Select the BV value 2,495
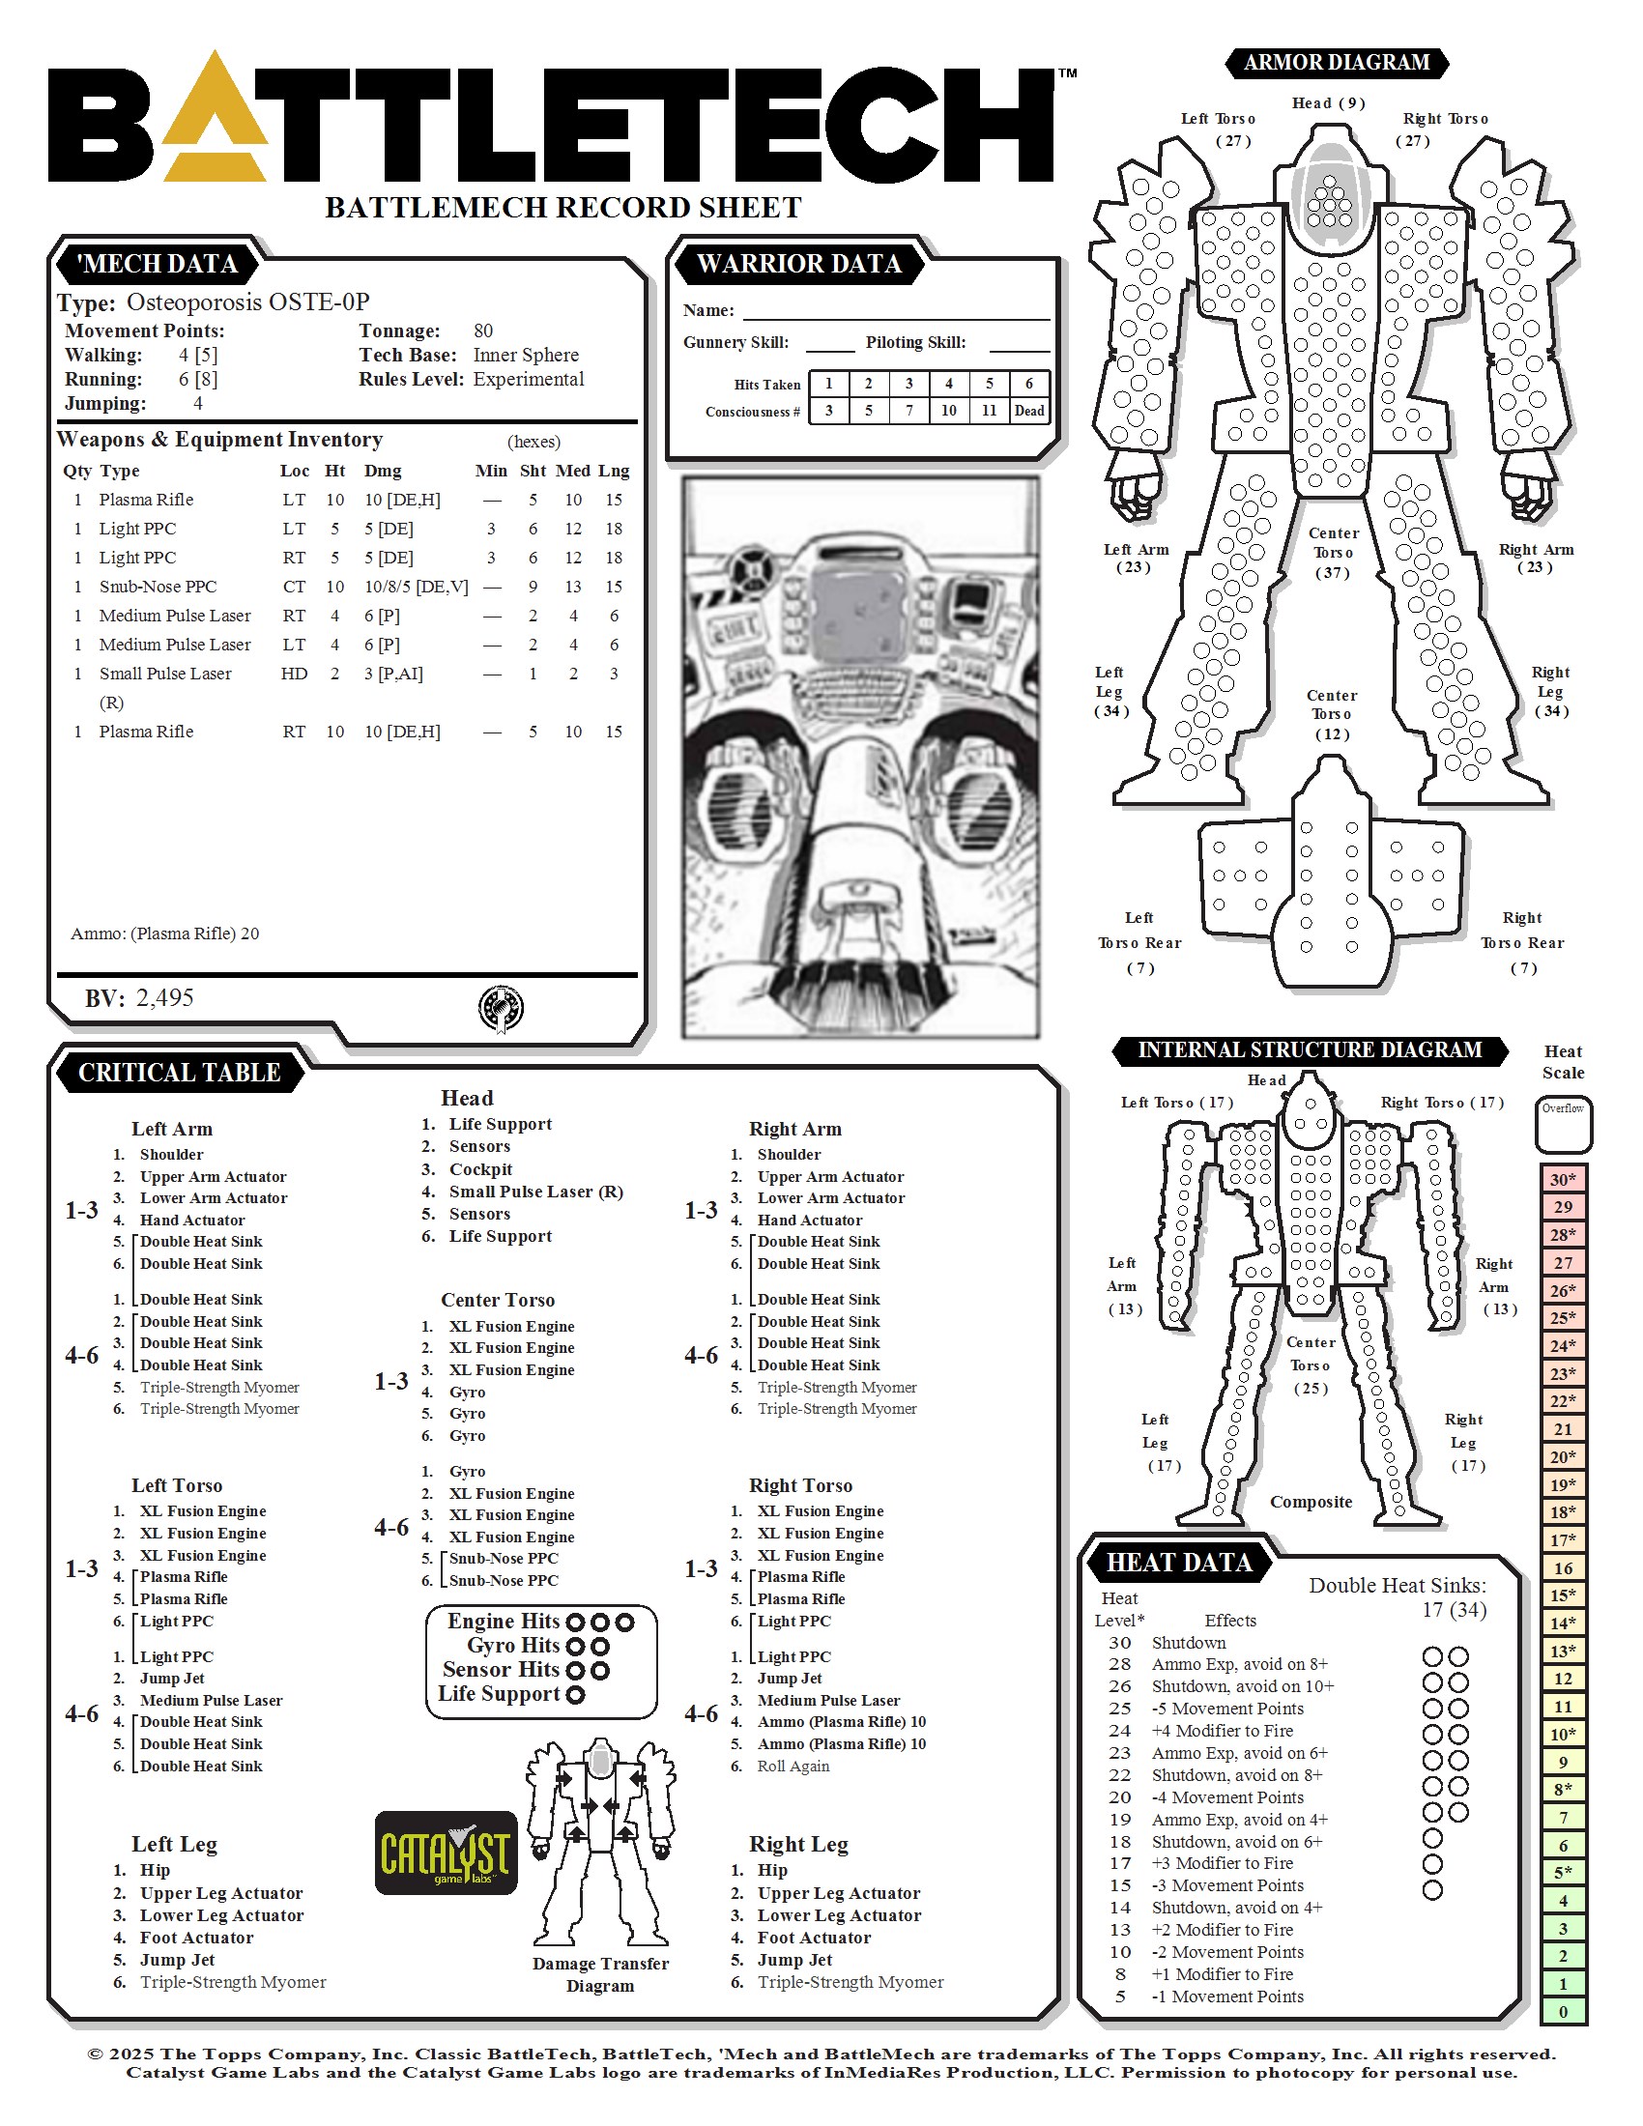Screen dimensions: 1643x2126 [164, 998]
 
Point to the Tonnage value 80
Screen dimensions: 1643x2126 [483, 330]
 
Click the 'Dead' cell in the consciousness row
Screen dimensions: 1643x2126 [1029, 411]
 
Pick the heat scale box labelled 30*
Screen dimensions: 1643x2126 [1563, 1180]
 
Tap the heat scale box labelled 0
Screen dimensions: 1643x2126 [1563, 2012]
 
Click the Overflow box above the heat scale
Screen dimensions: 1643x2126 [1563, 1125]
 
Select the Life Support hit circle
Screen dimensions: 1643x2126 [575, 1695]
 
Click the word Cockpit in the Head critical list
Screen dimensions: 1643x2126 [481, 1169]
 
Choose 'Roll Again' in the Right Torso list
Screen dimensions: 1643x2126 [793, 1766]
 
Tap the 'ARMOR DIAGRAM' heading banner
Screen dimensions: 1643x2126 [1337, 62]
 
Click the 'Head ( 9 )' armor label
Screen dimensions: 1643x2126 [1329, 103]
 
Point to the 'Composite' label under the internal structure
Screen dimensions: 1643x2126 [1312, 1501]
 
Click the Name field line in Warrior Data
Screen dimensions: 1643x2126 [897, 318]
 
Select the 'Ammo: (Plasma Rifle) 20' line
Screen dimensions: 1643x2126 [164, 934]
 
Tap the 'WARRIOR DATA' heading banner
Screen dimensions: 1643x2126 [799, 264]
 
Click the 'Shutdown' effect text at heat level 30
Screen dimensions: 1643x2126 [1189, 1642]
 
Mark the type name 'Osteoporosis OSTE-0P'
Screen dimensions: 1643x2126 [248, 302]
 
